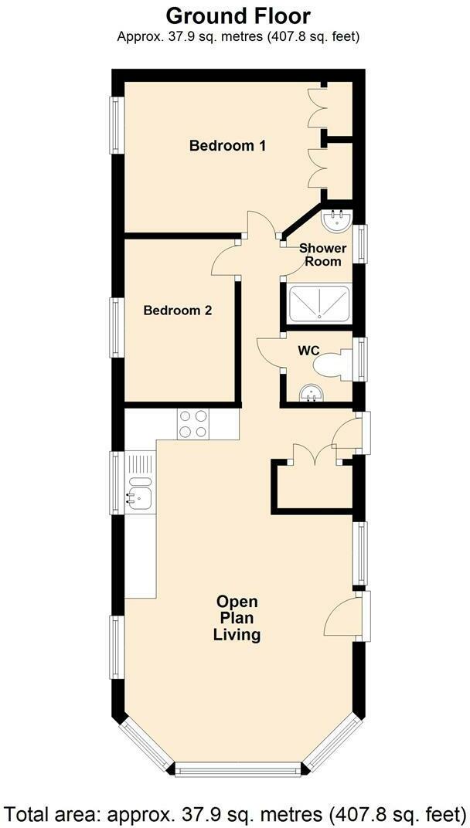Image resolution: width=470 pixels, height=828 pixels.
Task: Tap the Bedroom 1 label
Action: (x=228, y=145)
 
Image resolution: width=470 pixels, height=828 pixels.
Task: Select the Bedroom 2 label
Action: (x=178, y=310)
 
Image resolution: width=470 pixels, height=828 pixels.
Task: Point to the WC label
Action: (x=309, y=351)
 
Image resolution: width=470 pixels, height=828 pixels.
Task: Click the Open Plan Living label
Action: (x=237, y=619)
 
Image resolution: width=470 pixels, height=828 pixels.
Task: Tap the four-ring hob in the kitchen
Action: (x=193, y=423)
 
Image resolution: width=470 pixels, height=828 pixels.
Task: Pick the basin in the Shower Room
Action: (x=337, y=220)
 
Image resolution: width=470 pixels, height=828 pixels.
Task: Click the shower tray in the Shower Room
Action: (x=318, y=303)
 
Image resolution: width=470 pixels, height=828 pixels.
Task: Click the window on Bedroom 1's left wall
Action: (x=117, y=124)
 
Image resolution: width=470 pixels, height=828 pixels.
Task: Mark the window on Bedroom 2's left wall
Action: (x=117, y=327)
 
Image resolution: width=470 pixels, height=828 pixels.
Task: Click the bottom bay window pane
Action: (x=237, y=769)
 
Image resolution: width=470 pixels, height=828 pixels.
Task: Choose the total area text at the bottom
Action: (x=235, y=813)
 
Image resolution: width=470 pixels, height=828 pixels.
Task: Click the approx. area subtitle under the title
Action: (x=238, y=36)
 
